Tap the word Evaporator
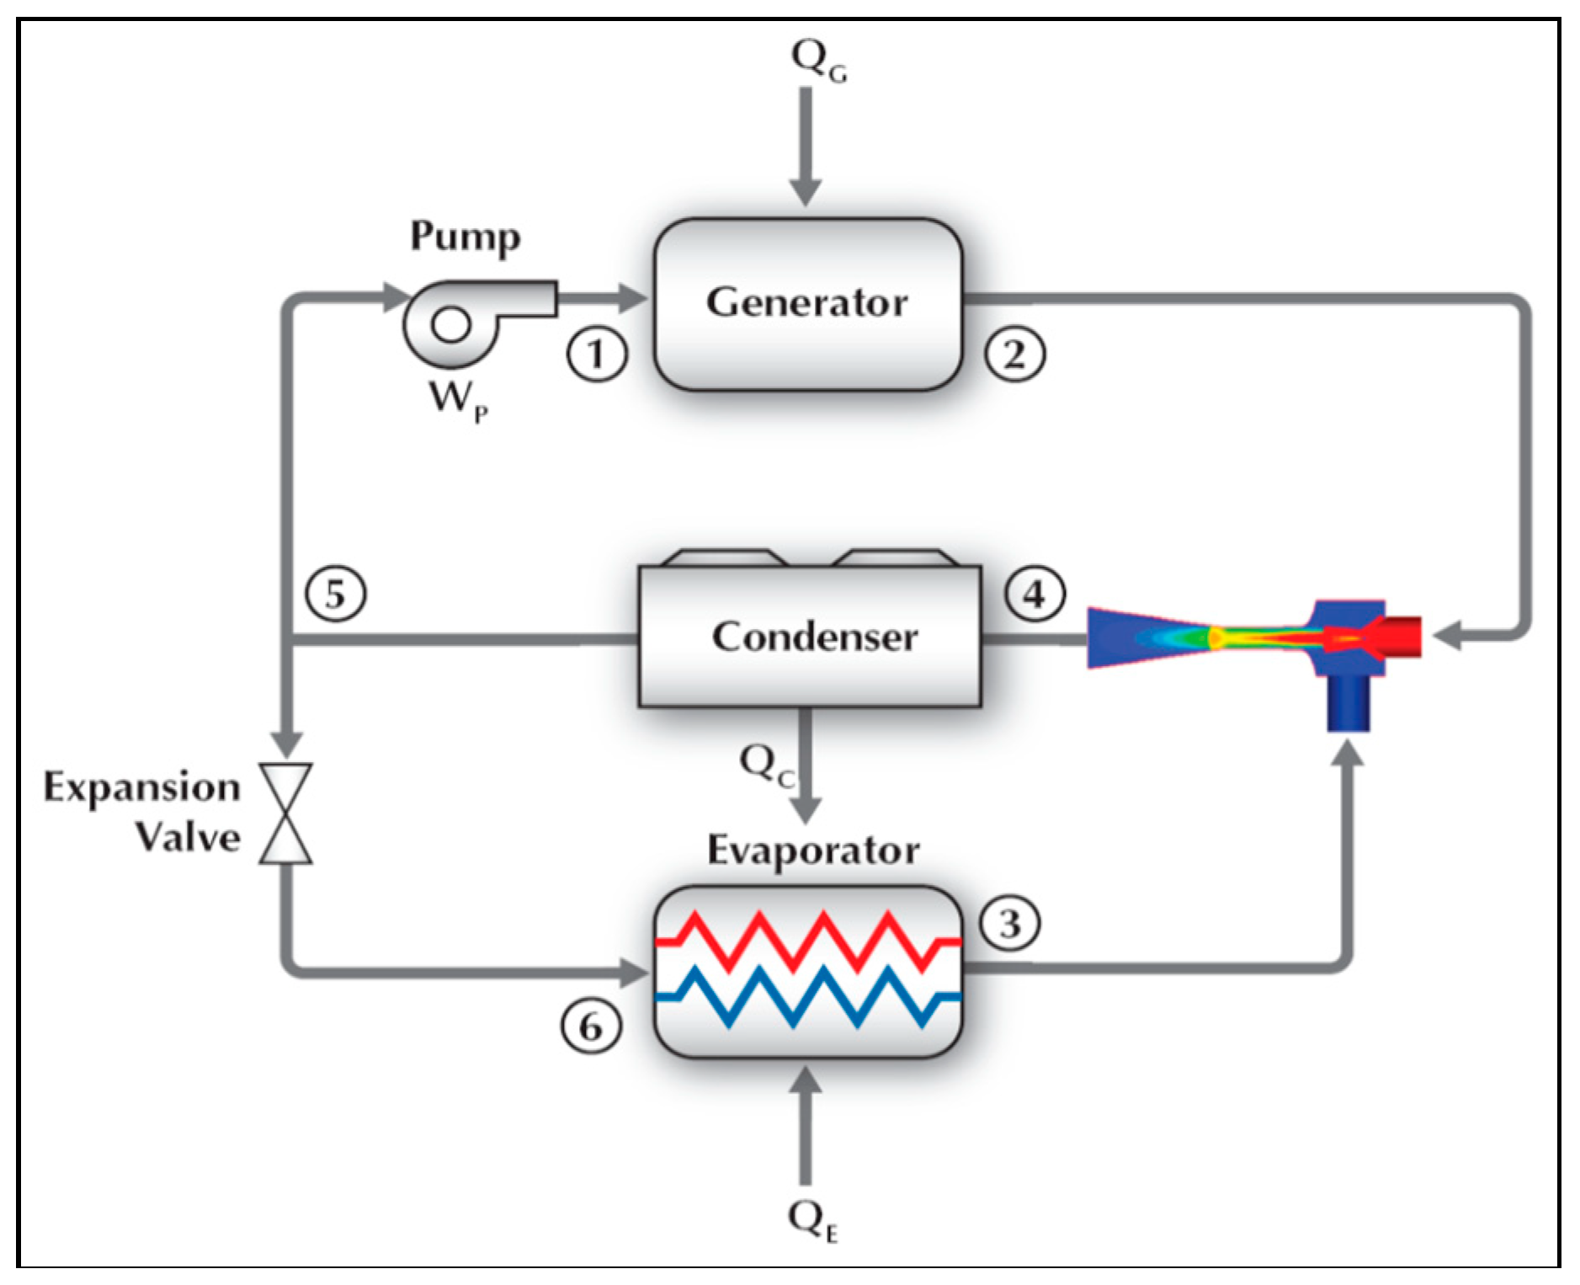pyautogui.click(x=812, y=850)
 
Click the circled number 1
pyautogui.click(x=596, y=354)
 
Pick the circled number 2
pyautogui.click(x=1014, y=354)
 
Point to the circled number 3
pyautogui.click(x=1009, y=924)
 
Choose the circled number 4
pyautogui.click(x=1035, y=595)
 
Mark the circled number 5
pyautogui.click(x=335, y=595)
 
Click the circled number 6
pyautogui.click(x=591, y=1026)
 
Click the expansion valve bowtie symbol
pyautogui.click(x=286, y=813)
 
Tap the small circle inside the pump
pyautogui.click(x=451, y=324)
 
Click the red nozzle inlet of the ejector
pyautogui.click(x=1397, y=637)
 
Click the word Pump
pyautogui.click(x=465, y=237)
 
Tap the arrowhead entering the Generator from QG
pyautogui.click(x=806, y=192)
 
